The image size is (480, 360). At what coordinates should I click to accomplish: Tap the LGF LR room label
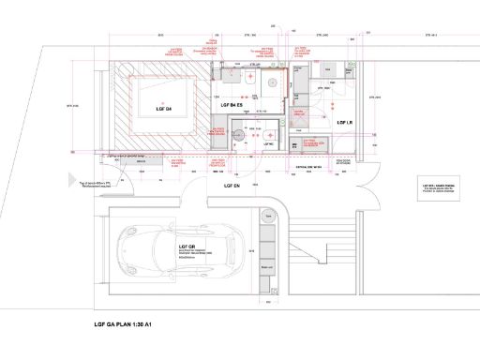(343, 123)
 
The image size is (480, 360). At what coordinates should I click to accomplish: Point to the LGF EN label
(233, 187)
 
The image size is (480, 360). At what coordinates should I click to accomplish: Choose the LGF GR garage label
(187, 247)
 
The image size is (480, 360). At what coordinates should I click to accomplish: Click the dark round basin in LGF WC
(238, 135)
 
